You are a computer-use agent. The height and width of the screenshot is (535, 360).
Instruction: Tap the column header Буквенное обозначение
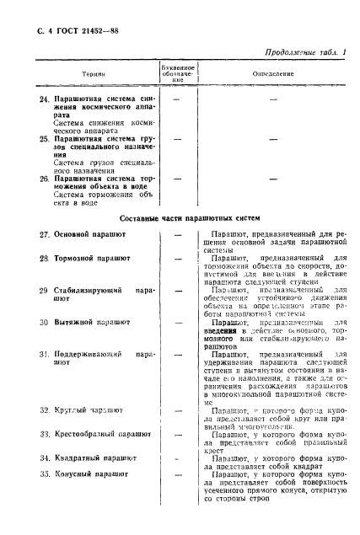178,73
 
